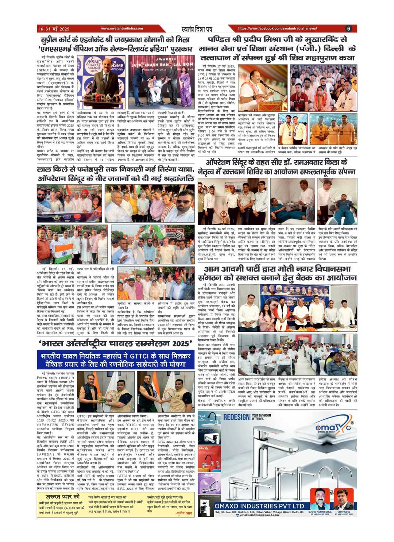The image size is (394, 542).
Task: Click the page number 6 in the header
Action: coord(348,28)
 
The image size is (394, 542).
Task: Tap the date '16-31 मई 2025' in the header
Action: coord(54,29)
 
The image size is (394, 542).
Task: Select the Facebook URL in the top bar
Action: coord(277,28)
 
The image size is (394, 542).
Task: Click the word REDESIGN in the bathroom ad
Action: coord(236,417)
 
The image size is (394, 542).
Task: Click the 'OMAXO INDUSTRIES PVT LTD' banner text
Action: coord(259,506)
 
